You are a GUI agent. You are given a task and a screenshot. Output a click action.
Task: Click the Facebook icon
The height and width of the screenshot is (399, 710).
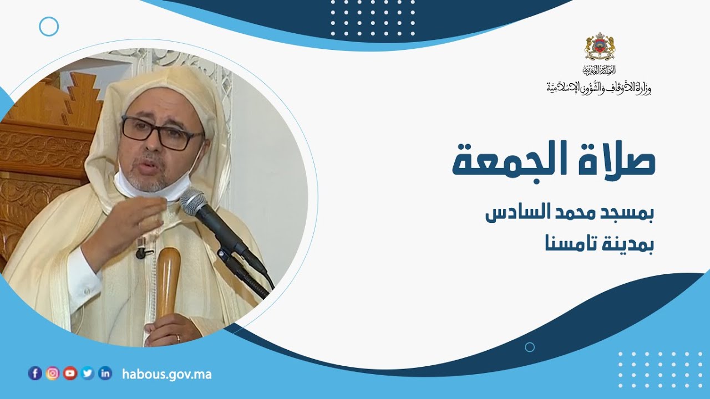point(35,374)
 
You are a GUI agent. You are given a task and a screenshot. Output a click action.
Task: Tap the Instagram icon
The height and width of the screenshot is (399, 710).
point(53,374)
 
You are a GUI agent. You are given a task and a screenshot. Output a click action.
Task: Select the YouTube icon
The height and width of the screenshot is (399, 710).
point(70,374)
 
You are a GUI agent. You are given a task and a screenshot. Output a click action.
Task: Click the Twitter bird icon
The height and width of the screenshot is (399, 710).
point(88,374)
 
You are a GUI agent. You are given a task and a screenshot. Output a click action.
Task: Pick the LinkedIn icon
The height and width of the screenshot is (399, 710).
point(105,374)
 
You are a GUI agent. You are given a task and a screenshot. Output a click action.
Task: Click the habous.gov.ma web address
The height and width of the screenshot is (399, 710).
point(166,374)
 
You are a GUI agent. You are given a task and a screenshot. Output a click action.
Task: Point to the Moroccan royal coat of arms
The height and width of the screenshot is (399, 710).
point(600,47)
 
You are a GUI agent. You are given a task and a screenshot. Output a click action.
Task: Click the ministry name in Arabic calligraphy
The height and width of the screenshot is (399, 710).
point(599,87)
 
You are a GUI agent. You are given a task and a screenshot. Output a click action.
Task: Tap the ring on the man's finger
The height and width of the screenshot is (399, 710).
point(177,337)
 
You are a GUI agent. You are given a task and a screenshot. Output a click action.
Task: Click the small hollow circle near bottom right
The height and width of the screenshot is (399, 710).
point(530,347)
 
